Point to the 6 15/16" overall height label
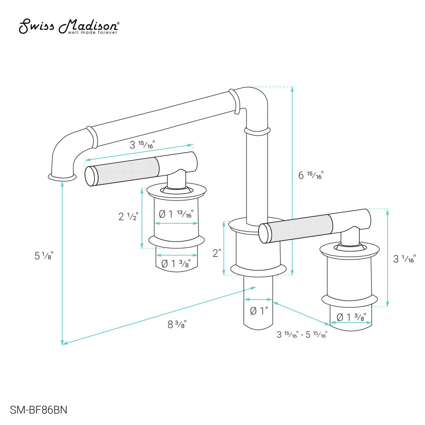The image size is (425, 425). point(311,175)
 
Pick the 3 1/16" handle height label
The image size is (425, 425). point(404,258)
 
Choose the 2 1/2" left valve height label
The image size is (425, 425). point(128,216)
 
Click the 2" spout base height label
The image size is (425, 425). point(217,253)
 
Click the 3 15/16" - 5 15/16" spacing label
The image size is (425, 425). point(301,334)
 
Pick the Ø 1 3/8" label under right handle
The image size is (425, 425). point(351,317)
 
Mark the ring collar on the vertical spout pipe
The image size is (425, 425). point(257,131)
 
